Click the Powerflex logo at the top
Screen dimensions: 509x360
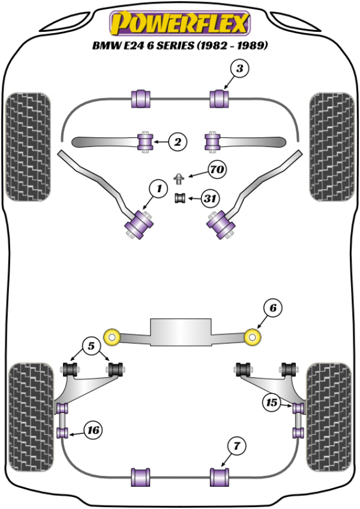(179, 23)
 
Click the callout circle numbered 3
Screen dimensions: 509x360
(239, 70)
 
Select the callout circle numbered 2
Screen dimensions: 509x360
(178, 142)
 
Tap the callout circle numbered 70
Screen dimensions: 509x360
(217, 170)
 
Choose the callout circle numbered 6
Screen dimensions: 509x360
(272, 309)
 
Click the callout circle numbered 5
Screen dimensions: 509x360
(91, 346)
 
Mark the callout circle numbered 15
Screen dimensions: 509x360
(271, 403)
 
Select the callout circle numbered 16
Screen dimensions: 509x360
(93, 430)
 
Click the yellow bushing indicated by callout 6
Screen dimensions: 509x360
(255, 337)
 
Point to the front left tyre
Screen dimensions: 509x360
(28, 145)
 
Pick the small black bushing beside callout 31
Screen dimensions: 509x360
(179, 199)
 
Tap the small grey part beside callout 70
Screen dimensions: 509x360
(179, 178)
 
